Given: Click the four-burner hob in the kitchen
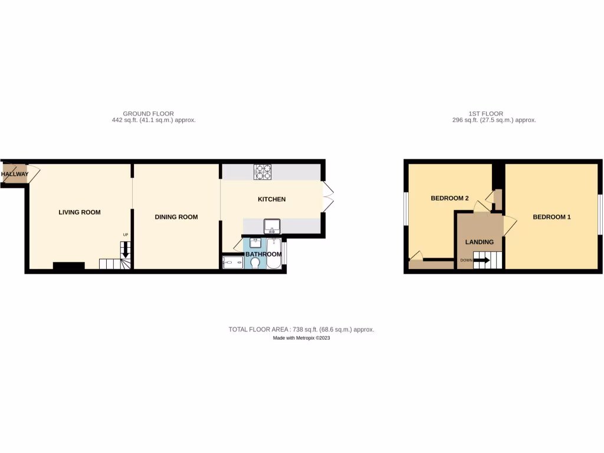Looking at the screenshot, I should pyautogui.click(x=262, y=172).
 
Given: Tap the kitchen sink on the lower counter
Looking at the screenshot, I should pyautogui.click(x=272, y=225).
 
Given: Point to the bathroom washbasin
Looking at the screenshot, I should pyautogui.click(x=255, y=242).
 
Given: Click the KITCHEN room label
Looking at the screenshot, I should pyautogui.click(x=271, y=199).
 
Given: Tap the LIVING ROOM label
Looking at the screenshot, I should pyautogui.click(x=79, y=212).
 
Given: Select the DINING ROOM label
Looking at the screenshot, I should pyautogui.click(x=176, y=217).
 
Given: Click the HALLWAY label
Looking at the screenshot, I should pyautogui.click(x=14, y=175).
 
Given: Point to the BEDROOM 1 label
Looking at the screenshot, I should pyautogui.click(x=552, y=217).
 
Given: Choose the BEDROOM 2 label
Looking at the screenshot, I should pyautogui.click(x=449, y=198).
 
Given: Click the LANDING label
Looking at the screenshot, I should pyautogui.click(x=479, y=242).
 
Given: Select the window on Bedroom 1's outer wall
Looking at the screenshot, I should pyautogui.click(x=600, y=216).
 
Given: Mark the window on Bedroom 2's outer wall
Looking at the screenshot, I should pyautogui.click(x=406, y=208).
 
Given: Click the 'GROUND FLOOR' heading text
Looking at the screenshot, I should pyautogui.click(x=148, y=114).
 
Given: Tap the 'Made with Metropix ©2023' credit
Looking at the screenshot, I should pyautogui.click(x=301, y=338).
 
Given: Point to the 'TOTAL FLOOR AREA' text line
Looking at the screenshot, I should pyautogui.click(x=301, y=330).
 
